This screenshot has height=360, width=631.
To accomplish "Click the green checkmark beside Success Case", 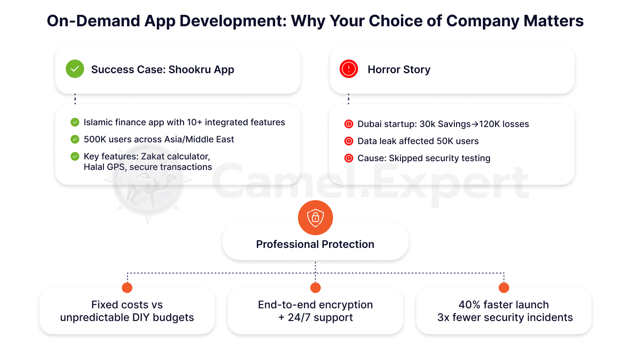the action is click(74, 69).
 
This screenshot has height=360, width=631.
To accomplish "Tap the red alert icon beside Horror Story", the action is click(349, 69).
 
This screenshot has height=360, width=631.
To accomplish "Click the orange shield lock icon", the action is click(315, 218).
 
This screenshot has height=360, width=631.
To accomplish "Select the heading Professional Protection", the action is click(315, 244).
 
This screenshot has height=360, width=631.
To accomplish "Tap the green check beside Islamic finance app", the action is click(74, 122).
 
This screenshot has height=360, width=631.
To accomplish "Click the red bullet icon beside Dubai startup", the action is click(349, 124).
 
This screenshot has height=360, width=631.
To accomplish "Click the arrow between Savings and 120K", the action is click(475, 124).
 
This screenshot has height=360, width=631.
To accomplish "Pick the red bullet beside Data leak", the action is click(349, 141).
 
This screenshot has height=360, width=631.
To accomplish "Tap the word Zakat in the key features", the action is click(152, 156).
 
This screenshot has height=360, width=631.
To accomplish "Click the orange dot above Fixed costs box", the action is click(127, 288).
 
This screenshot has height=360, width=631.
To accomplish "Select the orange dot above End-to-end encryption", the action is click(315, 288).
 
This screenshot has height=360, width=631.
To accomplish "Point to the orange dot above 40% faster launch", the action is click(503, 288).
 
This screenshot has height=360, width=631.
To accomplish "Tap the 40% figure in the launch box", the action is click(470, 305).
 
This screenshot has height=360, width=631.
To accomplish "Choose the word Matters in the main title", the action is click(553, 21).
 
